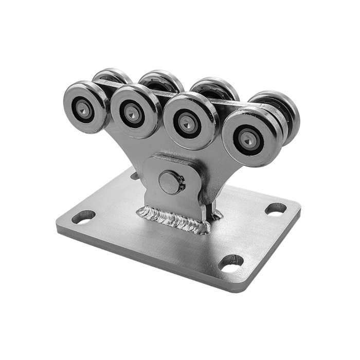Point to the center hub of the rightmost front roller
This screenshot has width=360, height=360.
pos(248,137)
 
